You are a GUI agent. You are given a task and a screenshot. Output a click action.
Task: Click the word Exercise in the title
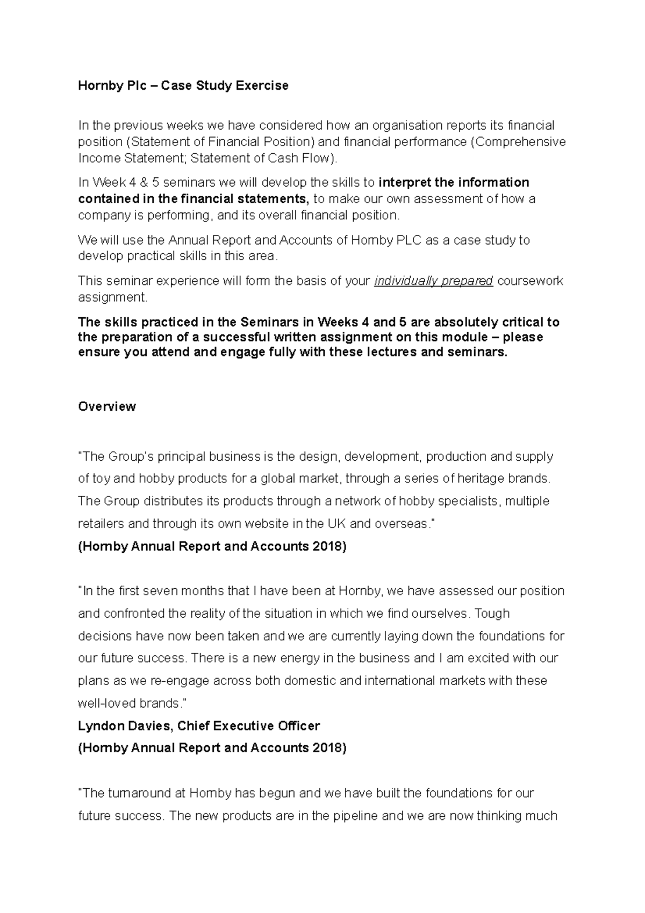(x=263, y=85)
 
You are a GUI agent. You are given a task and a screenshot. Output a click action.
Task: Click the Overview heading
(x=106, y=406)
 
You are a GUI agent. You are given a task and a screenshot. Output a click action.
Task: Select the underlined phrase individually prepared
(x=433, y=281)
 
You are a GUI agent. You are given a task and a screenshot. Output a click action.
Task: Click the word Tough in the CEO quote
(x=492, y=614)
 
